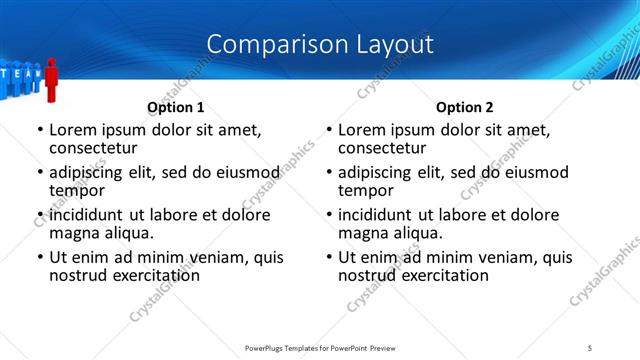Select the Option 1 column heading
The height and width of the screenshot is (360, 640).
(x=176, y=107)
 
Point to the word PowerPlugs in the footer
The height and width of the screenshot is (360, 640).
(x=270, y=348)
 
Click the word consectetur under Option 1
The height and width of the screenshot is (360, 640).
(x=96, y=147)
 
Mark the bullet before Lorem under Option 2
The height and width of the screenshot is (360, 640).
(x=328, y=130)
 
